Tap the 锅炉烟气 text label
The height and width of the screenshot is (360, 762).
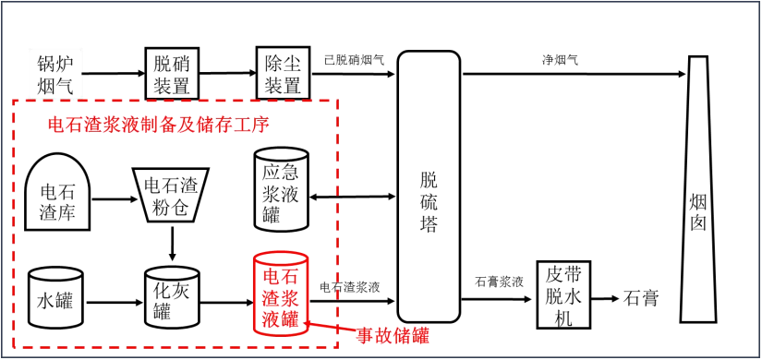pyautogui.click(x=55, y=74)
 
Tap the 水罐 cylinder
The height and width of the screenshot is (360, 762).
pyautogui.click(x=55, y=299)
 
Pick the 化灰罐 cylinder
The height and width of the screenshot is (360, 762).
pyautogui.click(x=172, y=300)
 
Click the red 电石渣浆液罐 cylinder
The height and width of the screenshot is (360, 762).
pyautogui.click(x=281, y=295)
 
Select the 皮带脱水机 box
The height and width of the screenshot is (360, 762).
pyautogui.click(x=563, y=296)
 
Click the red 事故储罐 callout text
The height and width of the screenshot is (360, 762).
pyautogui.click(x=393, y=335)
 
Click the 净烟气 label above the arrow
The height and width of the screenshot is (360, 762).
pyautogui.click(x=560, y=60)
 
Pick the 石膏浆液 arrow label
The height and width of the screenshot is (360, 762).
pyautogui.click(x=499, y=282)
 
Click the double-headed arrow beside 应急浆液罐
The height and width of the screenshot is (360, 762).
pyautogui.click(x=356, y=196)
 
